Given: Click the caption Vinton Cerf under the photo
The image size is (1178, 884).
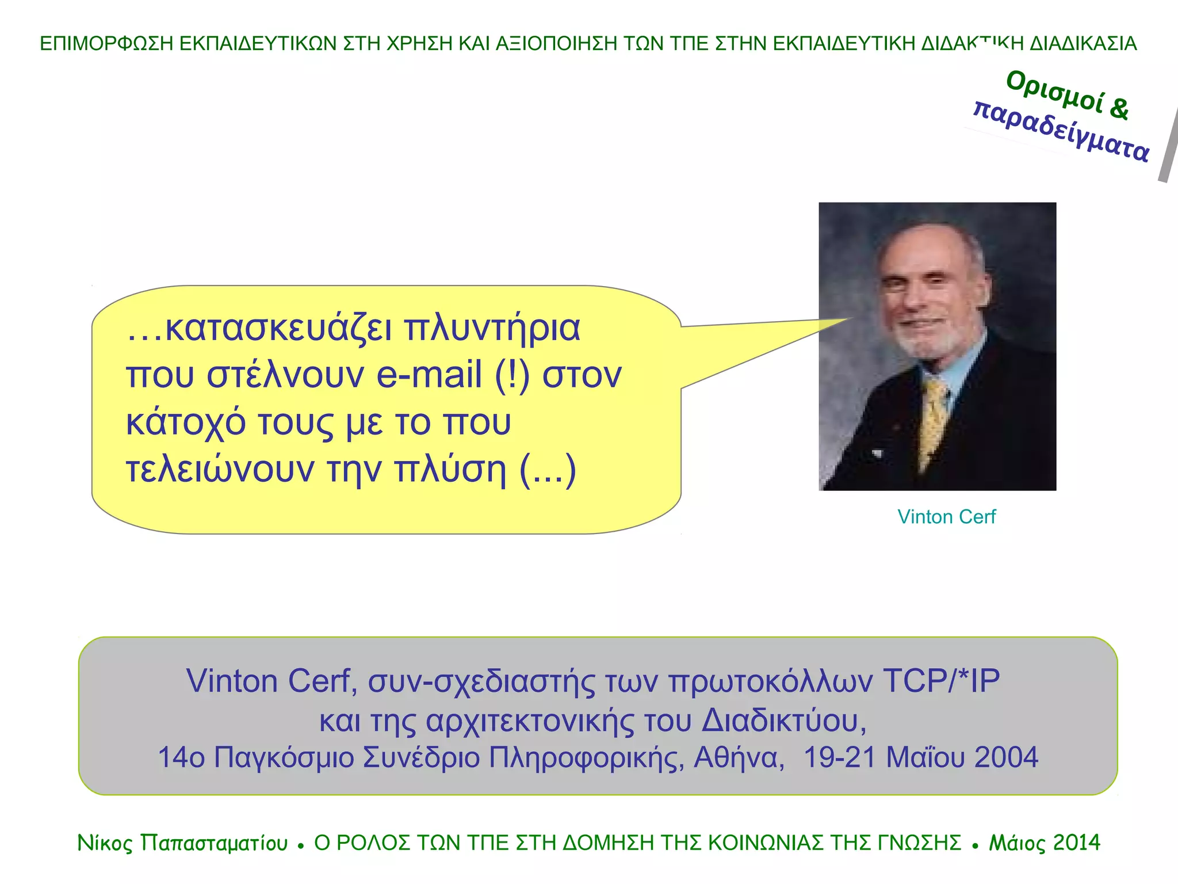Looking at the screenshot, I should click(x=946, y=517).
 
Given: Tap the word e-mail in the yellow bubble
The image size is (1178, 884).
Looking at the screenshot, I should click(x=429, y=375).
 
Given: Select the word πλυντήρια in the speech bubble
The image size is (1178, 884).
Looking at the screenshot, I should click(x=492, y=328).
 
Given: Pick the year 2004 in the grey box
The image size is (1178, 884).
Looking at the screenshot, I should click(x=1006, y=757).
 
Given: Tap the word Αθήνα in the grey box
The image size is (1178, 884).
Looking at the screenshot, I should click(x=739, y=757).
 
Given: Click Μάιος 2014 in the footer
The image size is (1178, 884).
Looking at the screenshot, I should click(x=1044, y=843).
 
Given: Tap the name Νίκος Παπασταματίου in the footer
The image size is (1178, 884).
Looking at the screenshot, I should click(x=182, y=843).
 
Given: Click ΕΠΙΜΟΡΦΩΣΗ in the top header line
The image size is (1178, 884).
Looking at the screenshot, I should click(x=106, y=44).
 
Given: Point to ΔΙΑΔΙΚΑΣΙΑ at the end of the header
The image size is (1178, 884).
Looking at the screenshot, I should click(x=1083, y=44).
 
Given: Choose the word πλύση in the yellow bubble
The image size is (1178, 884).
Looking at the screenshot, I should click(x=450, y=469).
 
